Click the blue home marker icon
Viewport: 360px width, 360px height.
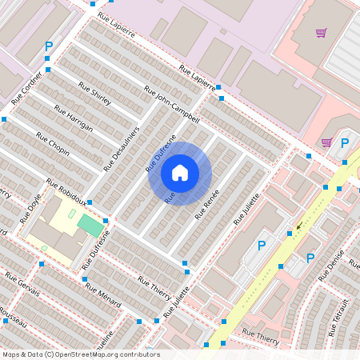(x=180, y=173)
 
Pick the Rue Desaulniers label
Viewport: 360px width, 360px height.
(x=122, y=148)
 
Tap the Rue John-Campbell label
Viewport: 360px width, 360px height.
(x=171, y=104)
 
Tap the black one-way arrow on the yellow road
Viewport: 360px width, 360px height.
(x=300, y=226)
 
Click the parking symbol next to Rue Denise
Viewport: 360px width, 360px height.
(x=310, y=258)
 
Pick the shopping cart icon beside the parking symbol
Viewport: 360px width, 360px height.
(x=326, y=142)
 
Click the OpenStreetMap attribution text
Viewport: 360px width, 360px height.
(x=80, y=354)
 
